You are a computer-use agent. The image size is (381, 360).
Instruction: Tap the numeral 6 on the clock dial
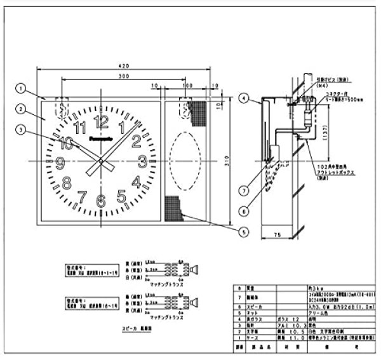click(x=100, y=202)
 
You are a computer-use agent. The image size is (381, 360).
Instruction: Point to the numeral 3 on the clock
click(x=142, y=161)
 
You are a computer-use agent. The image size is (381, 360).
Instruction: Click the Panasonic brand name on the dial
click(x=100, y=135)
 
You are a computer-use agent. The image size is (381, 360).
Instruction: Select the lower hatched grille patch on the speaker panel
click(x=173, y=208)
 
